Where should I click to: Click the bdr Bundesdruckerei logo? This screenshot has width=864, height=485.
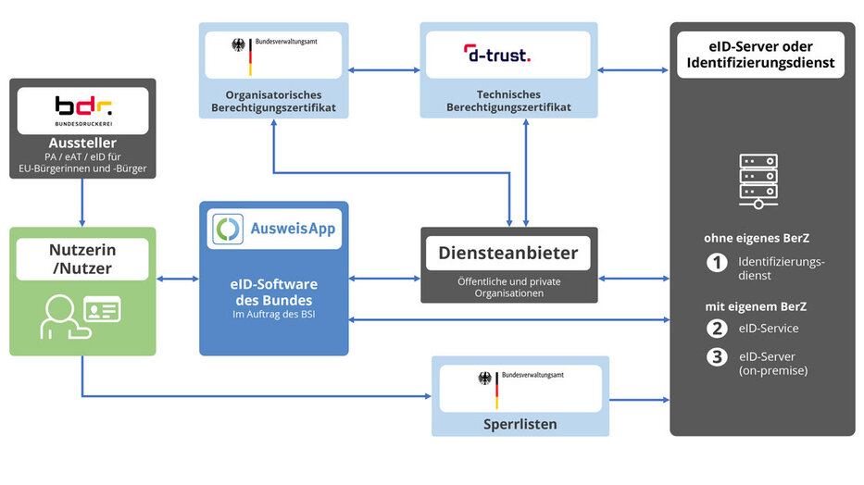point(82,111)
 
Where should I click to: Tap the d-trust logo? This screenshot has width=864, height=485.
point(497,56)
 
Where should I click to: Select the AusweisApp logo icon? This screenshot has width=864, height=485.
point(228,229)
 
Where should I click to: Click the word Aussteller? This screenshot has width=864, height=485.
point(82,143)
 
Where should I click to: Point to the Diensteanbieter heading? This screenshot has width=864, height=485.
point(508,253)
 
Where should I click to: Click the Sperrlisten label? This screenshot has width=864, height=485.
point(520,424)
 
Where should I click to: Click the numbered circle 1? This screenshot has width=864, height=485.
point(717,262)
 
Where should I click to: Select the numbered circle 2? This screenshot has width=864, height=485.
point(717,328)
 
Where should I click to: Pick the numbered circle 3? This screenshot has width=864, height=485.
point(717,356)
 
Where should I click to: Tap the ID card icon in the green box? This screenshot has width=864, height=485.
point(102,310)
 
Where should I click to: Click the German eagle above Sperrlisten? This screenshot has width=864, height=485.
point(484,379)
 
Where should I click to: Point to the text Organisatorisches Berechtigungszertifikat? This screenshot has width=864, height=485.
point(274,101)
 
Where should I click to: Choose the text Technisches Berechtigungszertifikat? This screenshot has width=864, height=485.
point(508,101)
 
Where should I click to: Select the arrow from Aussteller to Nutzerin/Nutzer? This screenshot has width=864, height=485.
point(82,202)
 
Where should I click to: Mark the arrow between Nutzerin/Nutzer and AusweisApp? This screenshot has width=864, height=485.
point(179,278)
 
